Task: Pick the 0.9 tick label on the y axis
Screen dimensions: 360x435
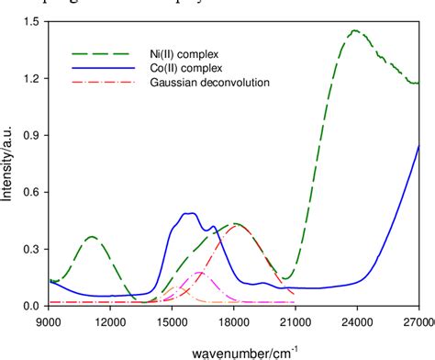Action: click(x=33, y=136)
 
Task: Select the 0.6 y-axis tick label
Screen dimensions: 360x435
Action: click(x=33, y=192)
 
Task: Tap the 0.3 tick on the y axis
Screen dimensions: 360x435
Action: click(x=33, y=249)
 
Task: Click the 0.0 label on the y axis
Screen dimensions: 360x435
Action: click(x=33, y=305)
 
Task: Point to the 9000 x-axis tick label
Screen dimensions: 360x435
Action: click(x=49, y=321)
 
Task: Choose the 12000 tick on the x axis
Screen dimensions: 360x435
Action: click(x=110, y=321)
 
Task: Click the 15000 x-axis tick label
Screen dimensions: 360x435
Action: click(x=172, y=321)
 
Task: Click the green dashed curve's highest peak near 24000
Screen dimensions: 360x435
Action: click(x=354, y=31)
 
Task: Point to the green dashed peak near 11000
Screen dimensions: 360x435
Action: click(x=92, y=237)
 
